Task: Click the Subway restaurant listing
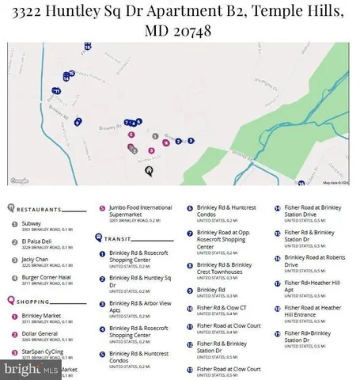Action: (32, 224)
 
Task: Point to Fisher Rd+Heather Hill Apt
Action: (313, 286)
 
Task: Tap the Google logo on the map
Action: (19, 180)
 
